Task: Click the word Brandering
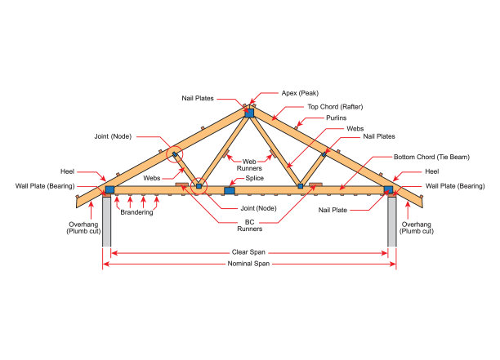tap(136, 213)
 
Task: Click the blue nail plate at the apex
tap(249, 112)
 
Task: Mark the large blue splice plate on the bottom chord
tap(230, 190)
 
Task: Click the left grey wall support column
tap(107, 220)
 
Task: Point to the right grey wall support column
tap(391, 220)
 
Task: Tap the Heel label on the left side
tap(68, 171)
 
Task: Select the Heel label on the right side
tap(430, 171)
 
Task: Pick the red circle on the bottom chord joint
tap(199, 187)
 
